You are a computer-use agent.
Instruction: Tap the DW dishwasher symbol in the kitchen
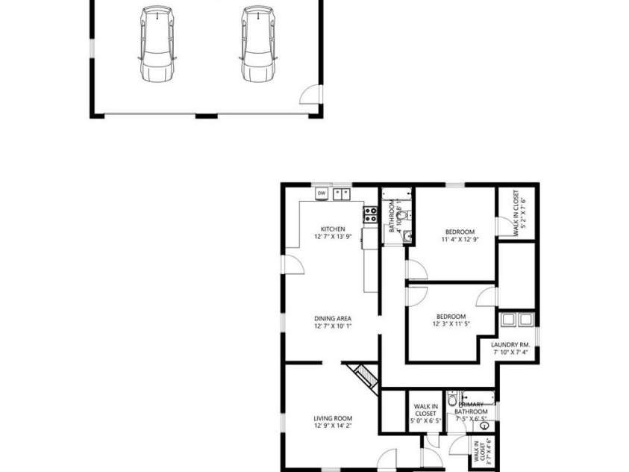click(322, 193)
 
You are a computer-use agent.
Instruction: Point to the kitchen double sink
click(342, 193)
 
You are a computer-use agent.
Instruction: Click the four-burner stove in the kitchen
click(370, 215)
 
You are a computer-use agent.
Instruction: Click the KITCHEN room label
click(333, 229)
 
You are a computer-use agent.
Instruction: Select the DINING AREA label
click(332, 318)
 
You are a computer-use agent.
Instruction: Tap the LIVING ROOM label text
click(332, 418)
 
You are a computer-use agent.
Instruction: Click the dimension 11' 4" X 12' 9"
click(460, 240)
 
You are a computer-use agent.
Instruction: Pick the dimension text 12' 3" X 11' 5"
click(451, 324)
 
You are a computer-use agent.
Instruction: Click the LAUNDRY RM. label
click(510, 344)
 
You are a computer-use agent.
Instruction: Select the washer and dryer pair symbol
click(516, 320)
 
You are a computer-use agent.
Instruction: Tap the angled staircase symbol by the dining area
click(364, 374)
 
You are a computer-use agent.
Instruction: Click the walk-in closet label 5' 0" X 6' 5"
click(425, 421)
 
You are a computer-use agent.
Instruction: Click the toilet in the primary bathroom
click(452, 401)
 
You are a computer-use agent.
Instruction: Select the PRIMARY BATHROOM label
click(472, 408)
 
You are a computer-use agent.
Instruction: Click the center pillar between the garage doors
click(206, 116)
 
